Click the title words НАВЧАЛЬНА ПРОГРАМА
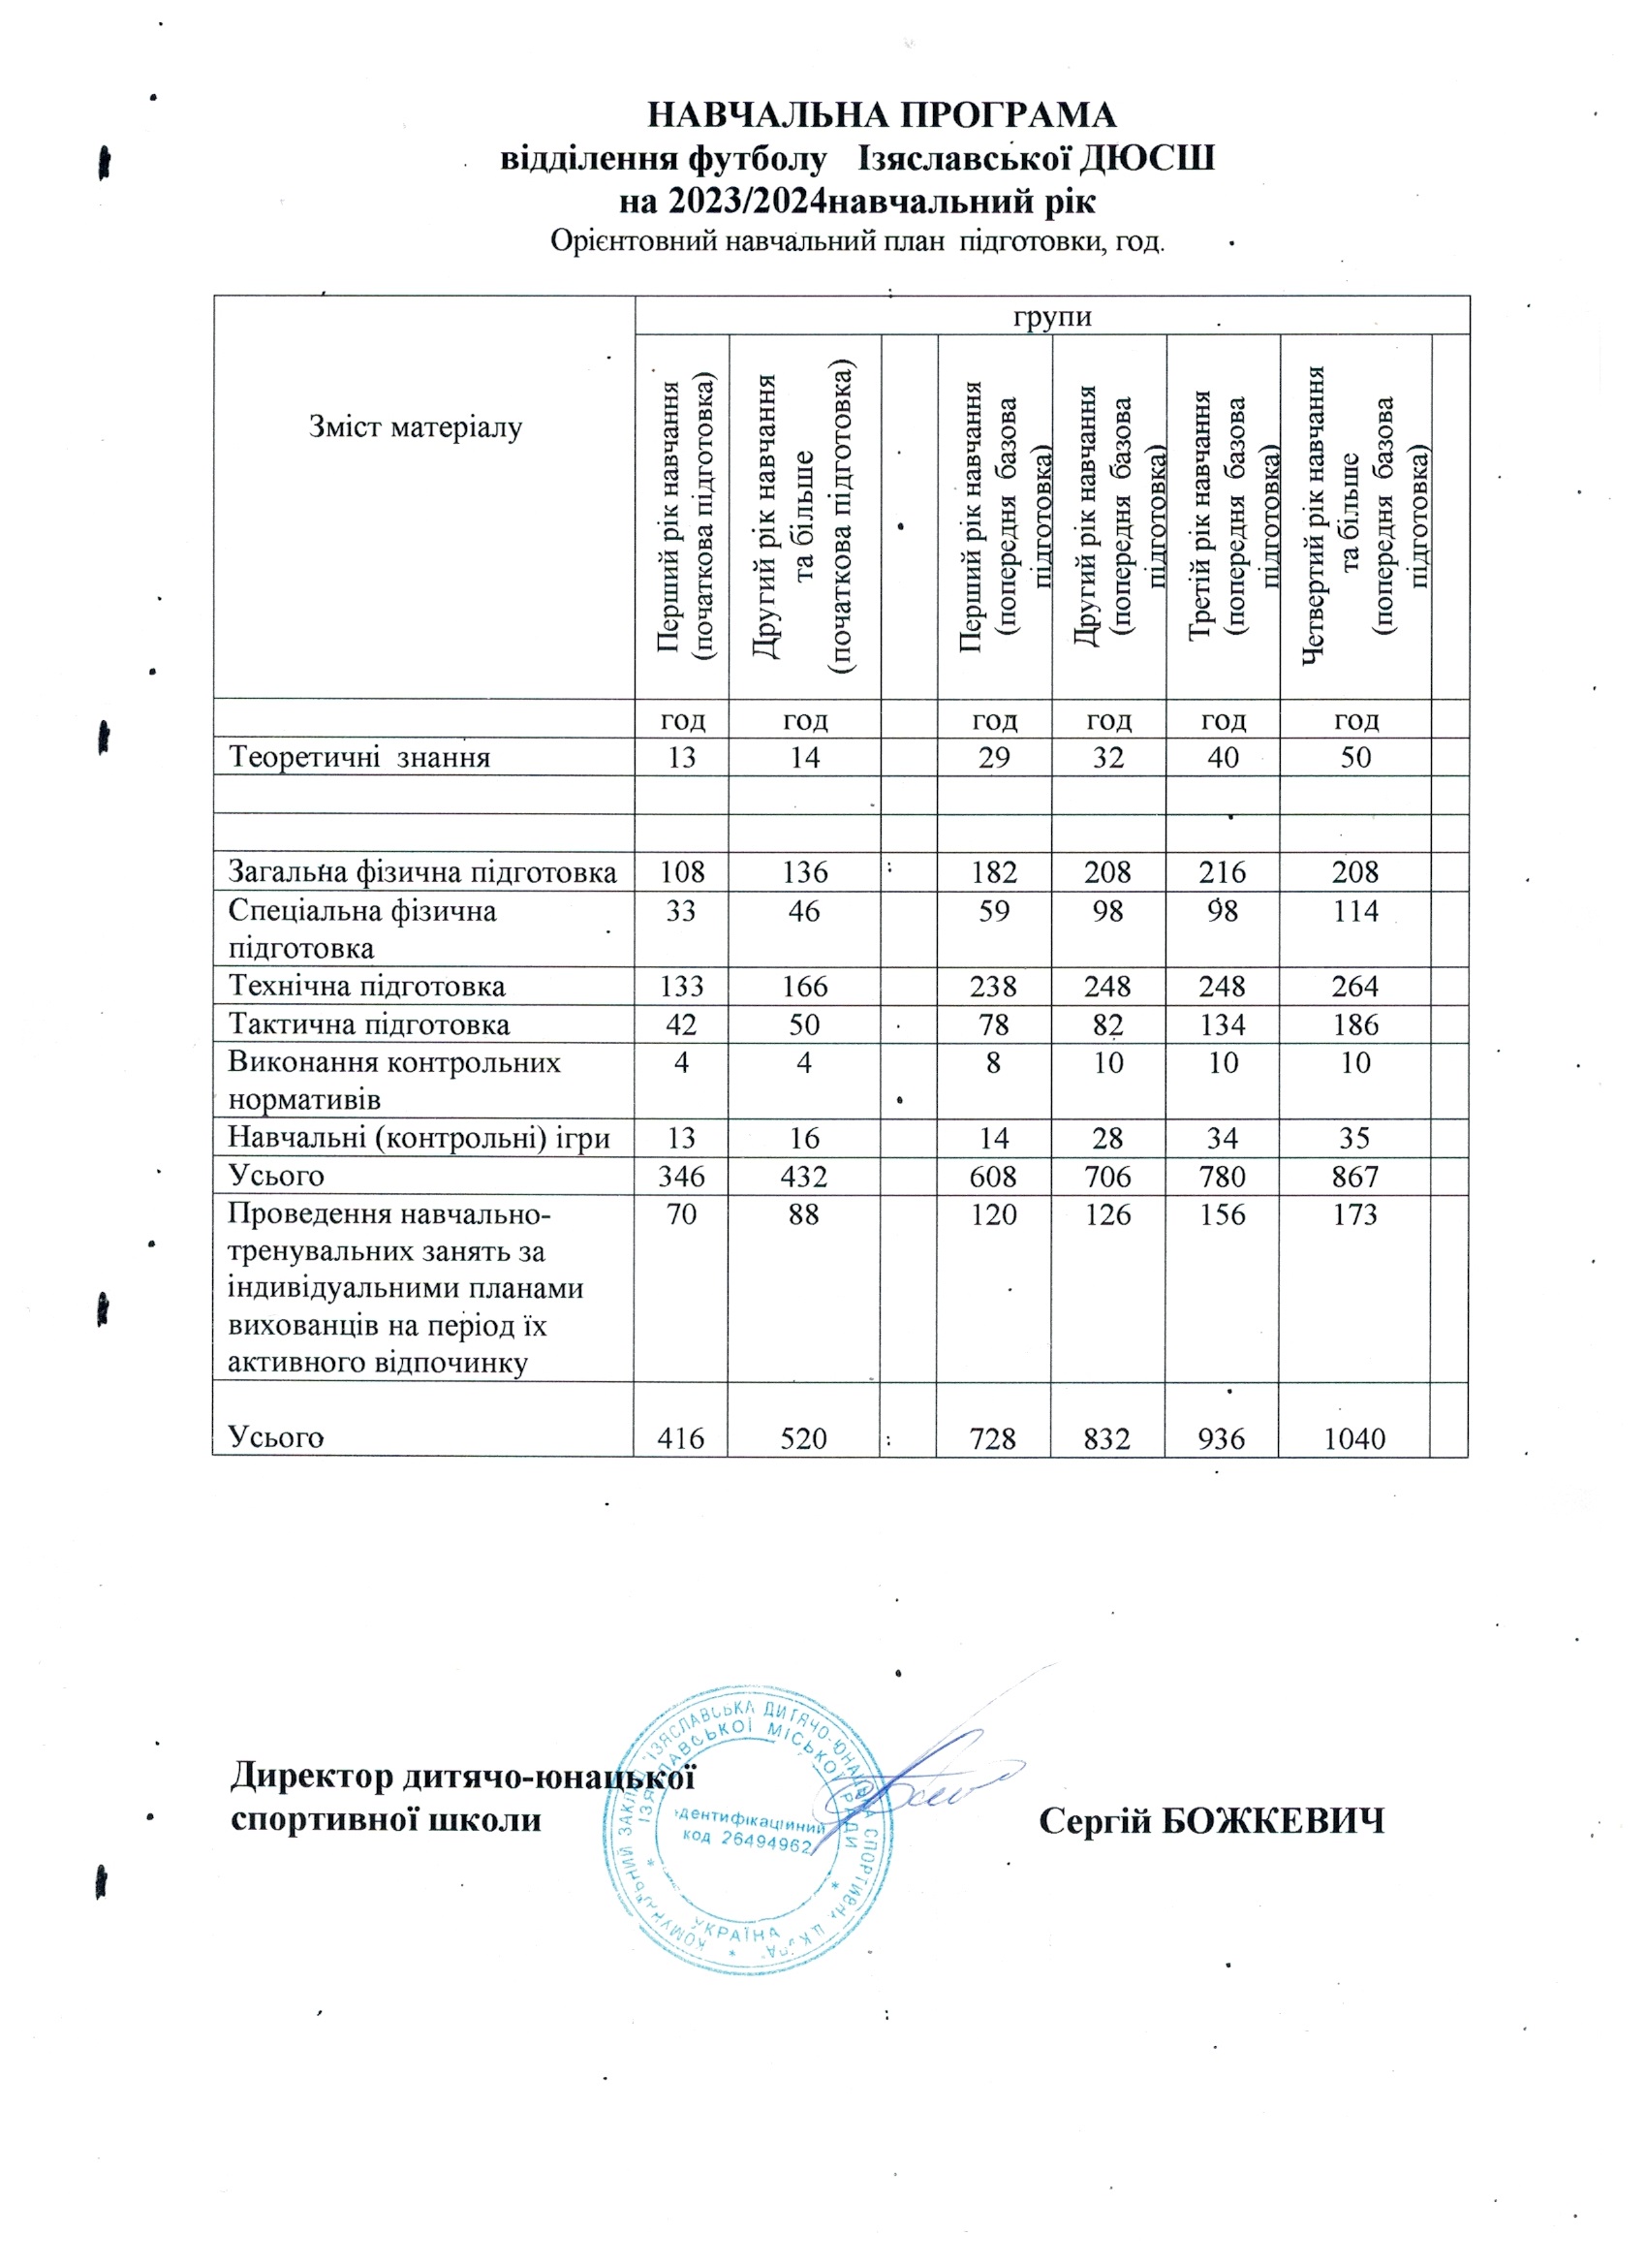tap(882, 115)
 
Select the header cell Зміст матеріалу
tap(416, 428)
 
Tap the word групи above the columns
tap(1052, 317)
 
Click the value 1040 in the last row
tap(1354, 1437)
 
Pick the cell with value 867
tap(1354, 1176)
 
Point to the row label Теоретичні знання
tap(359, 756)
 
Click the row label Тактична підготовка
tap(368, 1024)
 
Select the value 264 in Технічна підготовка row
tap(1354, 986)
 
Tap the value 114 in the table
tap(1354, 910)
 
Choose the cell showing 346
tap(681, 1176)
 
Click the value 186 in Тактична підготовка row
tap(1354, 1024)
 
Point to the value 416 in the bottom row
tap(681, 1437)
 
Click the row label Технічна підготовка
tap(366, 986)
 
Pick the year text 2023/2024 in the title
tap(748, 202)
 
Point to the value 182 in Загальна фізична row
tap(994, 872)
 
